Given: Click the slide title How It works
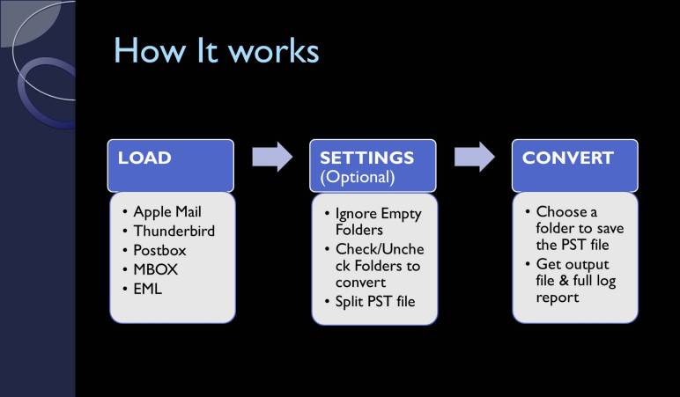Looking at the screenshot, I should [215, 52].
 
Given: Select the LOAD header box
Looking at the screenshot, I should [171, 165].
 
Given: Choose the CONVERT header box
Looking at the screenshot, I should [573, 165].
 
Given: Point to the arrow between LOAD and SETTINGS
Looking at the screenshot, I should [272, 158].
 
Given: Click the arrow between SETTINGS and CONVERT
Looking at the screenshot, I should [475, 158].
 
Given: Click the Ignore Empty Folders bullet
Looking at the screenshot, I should [379, 223].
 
